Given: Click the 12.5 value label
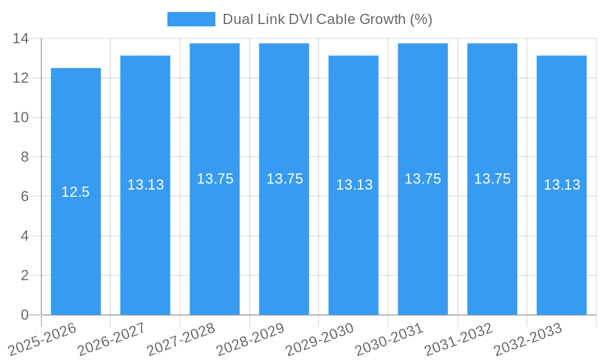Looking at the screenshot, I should [76, 192].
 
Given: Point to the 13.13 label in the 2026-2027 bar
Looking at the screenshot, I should [145, 185].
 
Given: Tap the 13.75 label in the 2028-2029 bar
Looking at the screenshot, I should [284, 179].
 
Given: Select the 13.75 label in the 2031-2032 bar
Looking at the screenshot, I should [492, 179].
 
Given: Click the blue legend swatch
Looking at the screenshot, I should [191, 19].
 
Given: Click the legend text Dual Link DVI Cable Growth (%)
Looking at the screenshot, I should [328, 19].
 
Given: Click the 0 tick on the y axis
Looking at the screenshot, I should [25, 315].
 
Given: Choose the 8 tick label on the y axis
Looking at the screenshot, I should [25, 157].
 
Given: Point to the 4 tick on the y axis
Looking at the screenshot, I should [25, 236].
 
